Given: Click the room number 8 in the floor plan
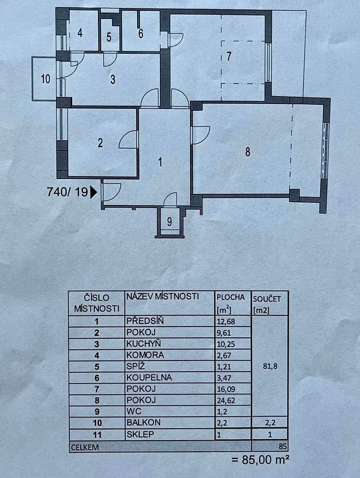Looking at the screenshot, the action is [x=248, y=152].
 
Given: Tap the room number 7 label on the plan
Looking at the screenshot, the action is [x=229, y=57].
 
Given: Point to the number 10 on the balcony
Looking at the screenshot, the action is [x=46, y=78].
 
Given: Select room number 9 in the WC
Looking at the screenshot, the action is [x=169, y=222].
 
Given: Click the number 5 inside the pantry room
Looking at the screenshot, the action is [x=109, y=37].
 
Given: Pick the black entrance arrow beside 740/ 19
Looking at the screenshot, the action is [x=93, y=192].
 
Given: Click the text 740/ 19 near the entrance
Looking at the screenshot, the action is [x=67, y=192].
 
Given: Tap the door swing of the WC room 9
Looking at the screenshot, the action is [x=170, y=199].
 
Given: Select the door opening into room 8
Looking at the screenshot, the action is [x=200, y=135].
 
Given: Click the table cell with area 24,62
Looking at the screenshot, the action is [x=233, y=400].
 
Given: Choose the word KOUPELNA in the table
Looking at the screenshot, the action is [x=149, y=377].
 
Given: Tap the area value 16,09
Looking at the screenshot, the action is [x=226, y=389].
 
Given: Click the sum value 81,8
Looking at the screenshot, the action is [x=270, y=366].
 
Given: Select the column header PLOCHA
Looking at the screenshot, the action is [x=230, y=298].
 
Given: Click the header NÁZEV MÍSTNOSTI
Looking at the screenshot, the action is [x=163, y=296].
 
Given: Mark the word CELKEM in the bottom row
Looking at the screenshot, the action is [x=85, y=447].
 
